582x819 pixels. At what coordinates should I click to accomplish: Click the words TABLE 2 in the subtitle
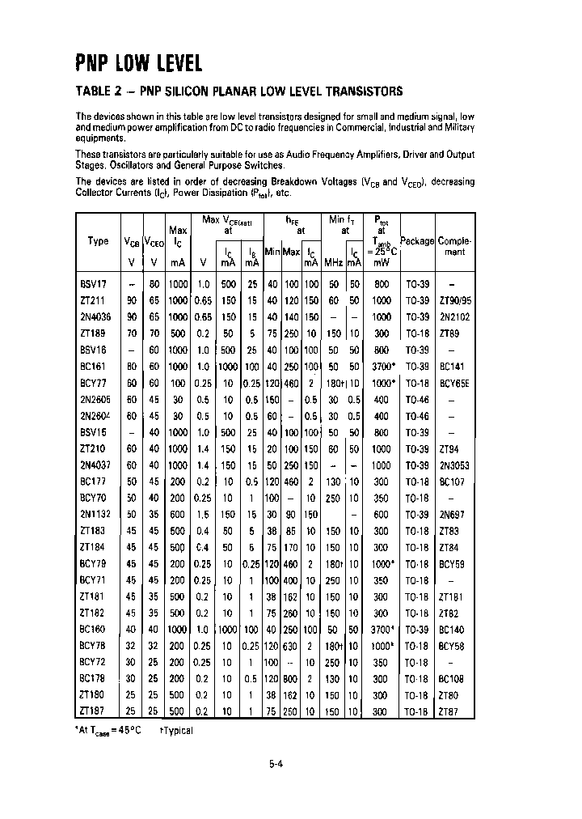pyautogui.click(x=101, y=91)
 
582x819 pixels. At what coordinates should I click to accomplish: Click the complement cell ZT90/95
pyautogui.click(x=454, y=300)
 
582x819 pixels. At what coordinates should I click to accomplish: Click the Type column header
pyautogui.click(x=98, y=241)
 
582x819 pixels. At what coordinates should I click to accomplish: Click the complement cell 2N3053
pyautogui.click(x=454, y=466)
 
